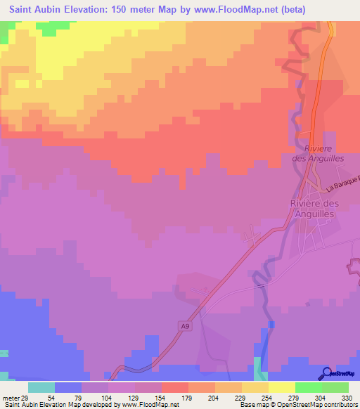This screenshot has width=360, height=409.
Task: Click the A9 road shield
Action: (184, 326)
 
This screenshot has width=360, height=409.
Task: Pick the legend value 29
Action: (24, 398)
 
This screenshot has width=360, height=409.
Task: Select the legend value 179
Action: (188, 398)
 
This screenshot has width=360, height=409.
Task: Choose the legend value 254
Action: (268, 398)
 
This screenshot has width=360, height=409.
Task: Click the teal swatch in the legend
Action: (41, 387)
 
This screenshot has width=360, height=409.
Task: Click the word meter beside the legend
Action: (11, 398)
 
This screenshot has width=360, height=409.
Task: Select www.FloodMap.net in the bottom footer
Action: (148, 405)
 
